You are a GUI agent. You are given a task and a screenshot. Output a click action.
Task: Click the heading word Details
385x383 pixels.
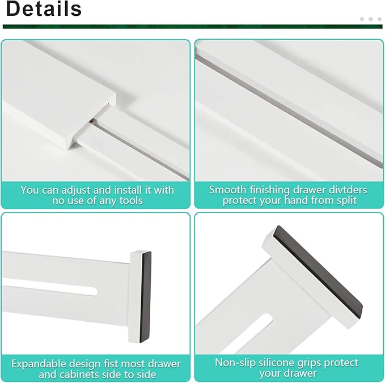[x=44, y=9]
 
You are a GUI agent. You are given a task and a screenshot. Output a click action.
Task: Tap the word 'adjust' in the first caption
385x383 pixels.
[x=73, y=190]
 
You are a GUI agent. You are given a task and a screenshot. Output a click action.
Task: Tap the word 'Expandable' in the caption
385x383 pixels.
[x=39, y=363]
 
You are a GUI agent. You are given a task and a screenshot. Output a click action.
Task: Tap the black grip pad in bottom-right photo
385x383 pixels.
[x=318, y=277]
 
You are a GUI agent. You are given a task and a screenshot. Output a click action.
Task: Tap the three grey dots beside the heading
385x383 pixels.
[x=371, y=19]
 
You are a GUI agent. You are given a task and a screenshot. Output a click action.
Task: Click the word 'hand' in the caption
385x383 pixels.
[x=295, y=201]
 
